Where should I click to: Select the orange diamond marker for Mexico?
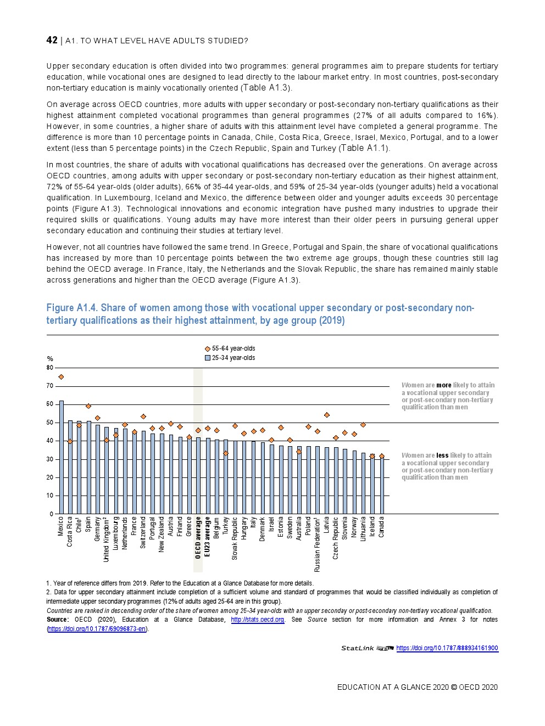[61, 377]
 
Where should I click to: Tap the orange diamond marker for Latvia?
[327, 415]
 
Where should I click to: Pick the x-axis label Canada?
[382, 527]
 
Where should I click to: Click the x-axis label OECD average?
[198, 538]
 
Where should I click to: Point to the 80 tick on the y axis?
[50, 368]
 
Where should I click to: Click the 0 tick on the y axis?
[52, 514]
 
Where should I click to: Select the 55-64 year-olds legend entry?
[231, 348]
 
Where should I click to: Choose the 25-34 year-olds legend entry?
[231, 358]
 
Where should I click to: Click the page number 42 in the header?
[52, 40]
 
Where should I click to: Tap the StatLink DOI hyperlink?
[447, 648]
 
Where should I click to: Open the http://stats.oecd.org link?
[258, 620]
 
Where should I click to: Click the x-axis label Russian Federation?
[318, 544]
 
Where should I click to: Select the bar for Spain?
[88, 468]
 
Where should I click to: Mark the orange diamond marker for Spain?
[88, 406]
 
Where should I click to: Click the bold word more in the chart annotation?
[444, 385]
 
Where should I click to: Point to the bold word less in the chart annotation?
[442, 455]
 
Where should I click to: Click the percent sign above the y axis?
[50, 359]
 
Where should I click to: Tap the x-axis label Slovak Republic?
[235, 538]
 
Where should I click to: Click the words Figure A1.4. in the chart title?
[72, 308]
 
